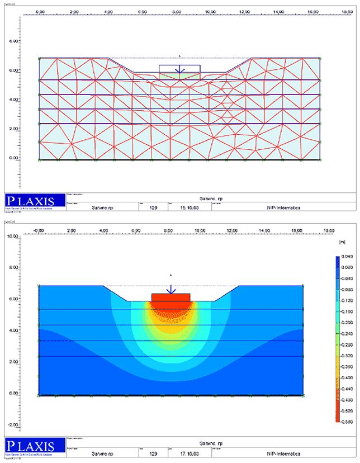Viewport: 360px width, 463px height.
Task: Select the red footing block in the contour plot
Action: (171, 297)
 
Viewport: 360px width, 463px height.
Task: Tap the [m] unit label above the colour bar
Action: (343, 244)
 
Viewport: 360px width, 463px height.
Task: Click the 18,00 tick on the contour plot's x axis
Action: (330, 230)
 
